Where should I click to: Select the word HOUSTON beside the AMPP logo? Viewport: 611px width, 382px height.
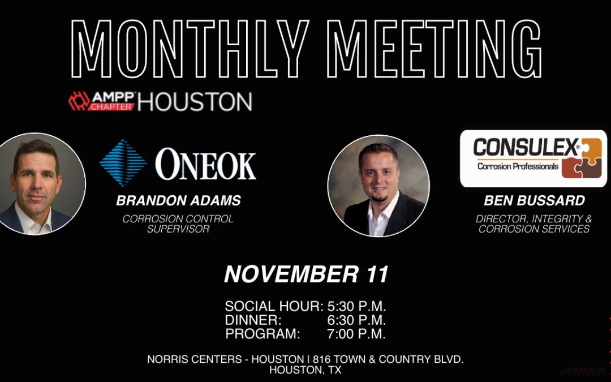pos(195,102)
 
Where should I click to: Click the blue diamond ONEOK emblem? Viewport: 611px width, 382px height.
pos(122,163)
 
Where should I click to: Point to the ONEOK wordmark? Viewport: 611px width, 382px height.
pos(205,165)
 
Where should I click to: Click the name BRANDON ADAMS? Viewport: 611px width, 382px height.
pos(178,201)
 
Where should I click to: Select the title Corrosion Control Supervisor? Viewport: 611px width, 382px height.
pos(178,224)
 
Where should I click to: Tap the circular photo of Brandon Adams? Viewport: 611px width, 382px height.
pos(37,184)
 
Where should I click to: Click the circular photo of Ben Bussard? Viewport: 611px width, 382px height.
pos(378,186)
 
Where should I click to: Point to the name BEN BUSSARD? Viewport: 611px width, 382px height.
pos(533,201)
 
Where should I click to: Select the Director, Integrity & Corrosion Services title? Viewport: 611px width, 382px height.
pos(533,224)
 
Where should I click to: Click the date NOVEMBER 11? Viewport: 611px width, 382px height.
pos(306,275)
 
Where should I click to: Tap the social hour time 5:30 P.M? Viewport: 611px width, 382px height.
pos(356,307)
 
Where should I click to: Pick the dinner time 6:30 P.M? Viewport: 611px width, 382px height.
pos(356,320)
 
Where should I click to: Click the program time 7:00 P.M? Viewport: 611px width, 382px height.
pos(356,334)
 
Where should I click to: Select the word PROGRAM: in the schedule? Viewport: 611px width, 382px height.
pos(263,334)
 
